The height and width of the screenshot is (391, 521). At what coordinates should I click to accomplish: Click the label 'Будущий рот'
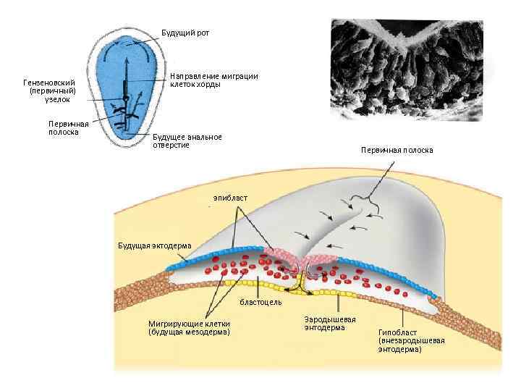click(186, 33)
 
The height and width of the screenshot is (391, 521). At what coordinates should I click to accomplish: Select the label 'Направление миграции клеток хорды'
click(213, 80)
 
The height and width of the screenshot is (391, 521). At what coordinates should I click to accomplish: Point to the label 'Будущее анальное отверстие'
click(187, 140)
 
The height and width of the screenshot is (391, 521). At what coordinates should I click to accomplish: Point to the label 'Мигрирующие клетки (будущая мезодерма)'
click(189, 327)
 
